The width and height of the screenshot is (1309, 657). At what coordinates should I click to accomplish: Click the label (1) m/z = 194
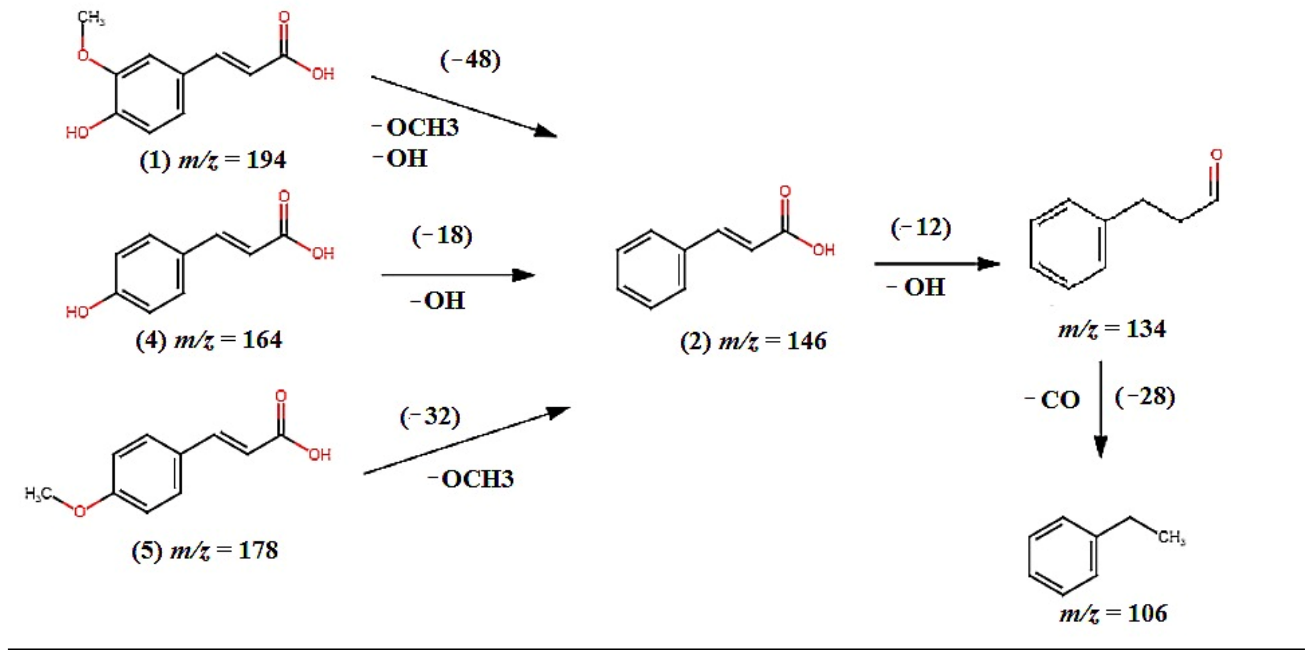pos(213,161)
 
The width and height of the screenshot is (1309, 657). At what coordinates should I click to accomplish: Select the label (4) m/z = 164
pos(209,340)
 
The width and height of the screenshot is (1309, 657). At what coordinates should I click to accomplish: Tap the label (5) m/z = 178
pos(205,551)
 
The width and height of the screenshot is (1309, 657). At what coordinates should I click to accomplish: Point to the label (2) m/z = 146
pos(753,341)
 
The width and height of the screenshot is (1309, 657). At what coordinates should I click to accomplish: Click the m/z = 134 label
pos(1112,330)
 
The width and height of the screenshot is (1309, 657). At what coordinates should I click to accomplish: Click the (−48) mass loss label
pos(470,60)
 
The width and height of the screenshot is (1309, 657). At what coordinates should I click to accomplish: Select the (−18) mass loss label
pos(442,235)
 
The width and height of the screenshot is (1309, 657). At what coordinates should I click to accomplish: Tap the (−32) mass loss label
pos(430,417)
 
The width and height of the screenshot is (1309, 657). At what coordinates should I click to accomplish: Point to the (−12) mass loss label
pos(921,227)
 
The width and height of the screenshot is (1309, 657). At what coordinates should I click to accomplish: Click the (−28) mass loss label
pos(1144,397)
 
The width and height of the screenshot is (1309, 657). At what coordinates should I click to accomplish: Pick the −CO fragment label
pos(1053,400)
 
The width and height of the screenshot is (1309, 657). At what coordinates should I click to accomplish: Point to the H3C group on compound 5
pos(38,493)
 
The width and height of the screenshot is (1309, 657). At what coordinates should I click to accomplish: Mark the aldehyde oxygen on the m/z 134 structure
pos(1216,155)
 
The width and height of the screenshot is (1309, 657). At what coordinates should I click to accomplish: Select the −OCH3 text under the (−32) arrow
pos(471,479)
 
